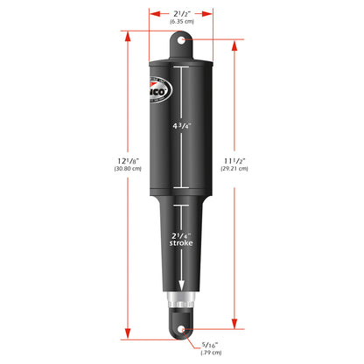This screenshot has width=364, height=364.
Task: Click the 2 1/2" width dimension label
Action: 182,12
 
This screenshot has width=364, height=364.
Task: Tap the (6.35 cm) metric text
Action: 182,24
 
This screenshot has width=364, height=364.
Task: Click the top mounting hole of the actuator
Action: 182,40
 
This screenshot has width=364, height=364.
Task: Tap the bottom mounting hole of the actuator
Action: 182,331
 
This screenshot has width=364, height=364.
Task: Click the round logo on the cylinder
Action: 156,97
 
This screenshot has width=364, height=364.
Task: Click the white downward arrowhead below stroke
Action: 182,294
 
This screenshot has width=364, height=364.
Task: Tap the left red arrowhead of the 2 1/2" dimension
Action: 153,14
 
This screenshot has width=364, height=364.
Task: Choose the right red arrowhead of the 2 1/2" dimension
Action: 211,14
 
